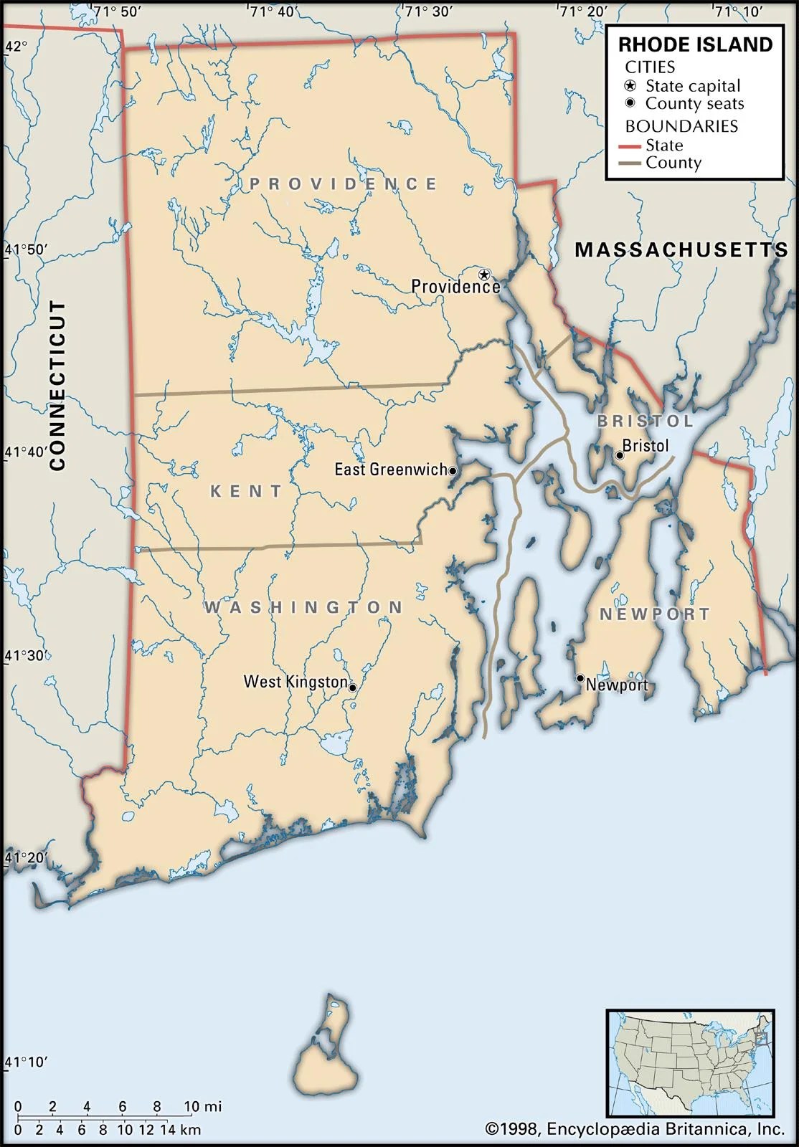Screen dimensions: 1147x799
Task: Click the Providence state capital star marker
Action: [484, 275]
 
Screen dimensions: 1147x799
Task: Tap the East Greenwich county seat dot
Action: [453, 471]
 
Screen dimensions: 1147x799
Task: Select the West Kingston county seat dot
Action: [352, 687]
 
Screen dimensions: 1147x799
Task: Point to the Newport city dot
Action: [580, 677]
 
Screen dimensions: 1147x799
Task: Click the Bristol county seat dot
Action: [620, 455]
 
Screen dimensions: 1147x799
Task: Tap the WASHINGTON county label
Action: [304, 607]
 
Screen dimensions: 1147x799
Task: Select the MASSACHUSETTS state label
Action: [681, 249]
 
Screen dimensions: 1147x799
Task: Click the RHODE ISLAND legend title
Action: [695, 44]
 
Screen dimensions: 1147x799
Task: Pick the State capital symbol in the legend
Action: [630, 85]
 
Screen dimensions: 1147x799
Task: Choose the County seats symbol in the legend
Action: [630, 103]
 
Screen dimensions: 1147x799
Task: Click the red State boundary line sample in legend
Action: [630, 146]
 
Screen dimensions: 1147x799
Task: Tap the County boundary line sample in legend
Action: [630, 163]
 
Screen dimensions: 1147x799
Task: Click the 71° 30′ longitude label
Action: [428, 11]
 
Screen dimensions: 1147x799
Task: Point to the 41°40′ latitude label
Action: [26, 452]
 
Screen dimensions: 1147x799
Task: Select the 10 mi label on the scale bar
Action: [202, 1107]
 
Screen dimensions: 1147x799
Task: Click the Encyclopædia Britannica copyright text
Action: [635, 1130]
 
